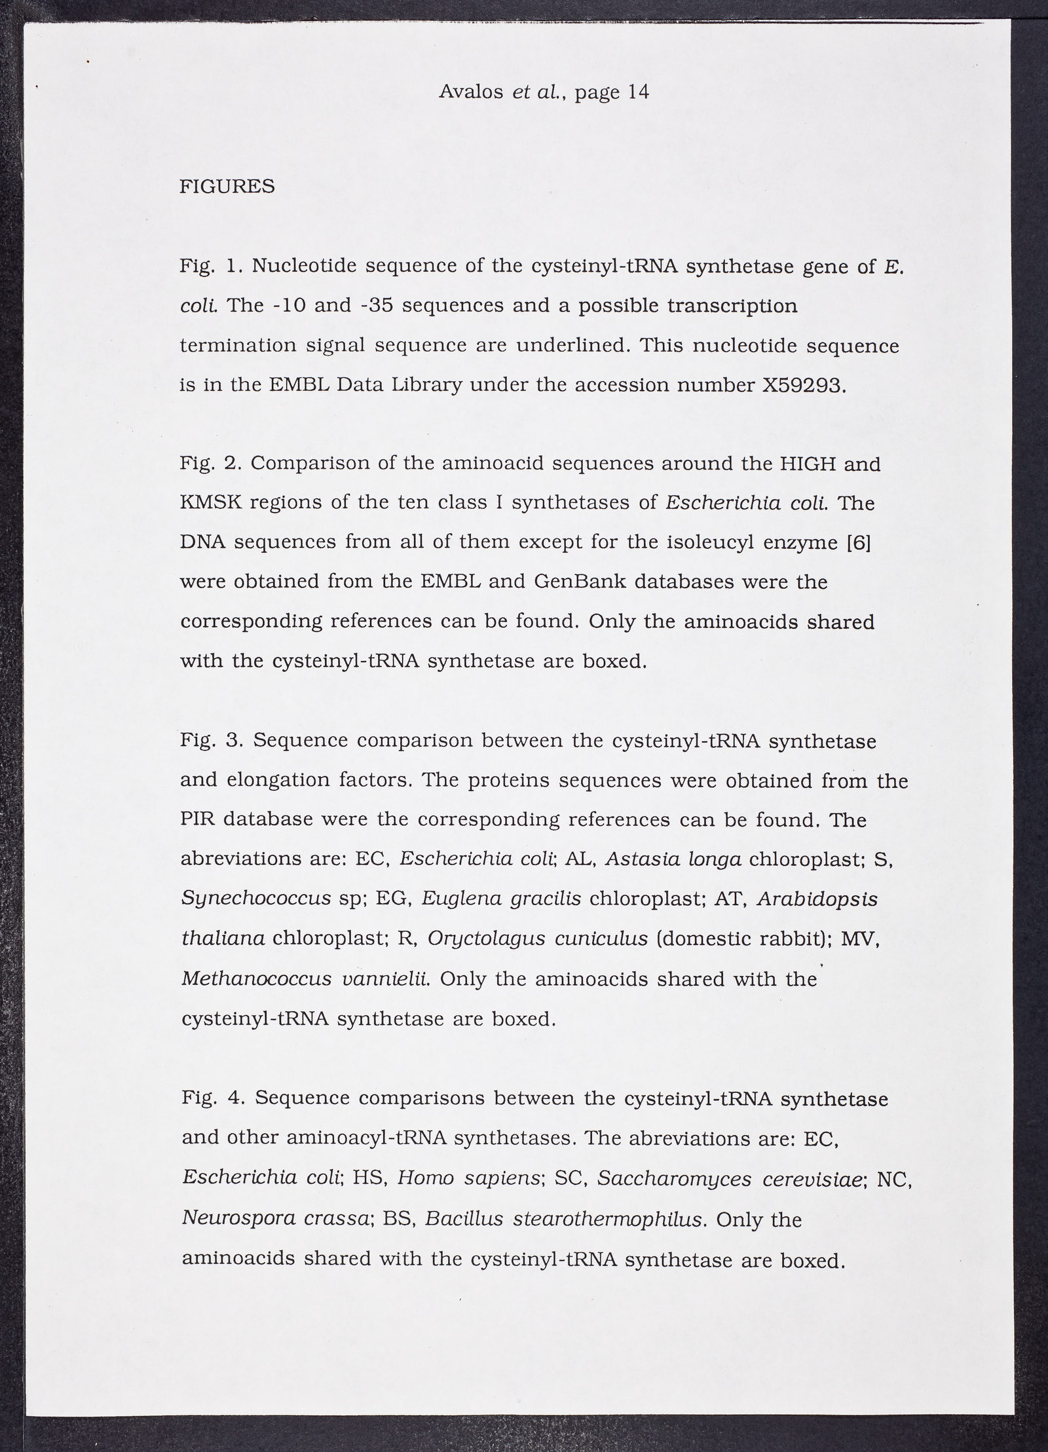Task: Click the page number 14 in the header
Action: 638,92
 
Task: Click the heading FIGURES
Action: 227,187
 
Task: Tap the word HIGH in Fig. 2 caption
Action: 806,464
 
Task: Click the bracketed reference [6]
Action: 858,543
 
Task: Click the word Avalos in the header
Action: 471,92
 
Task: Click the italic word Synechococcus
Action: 256,899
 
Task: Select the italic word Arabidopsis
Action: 817,899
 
